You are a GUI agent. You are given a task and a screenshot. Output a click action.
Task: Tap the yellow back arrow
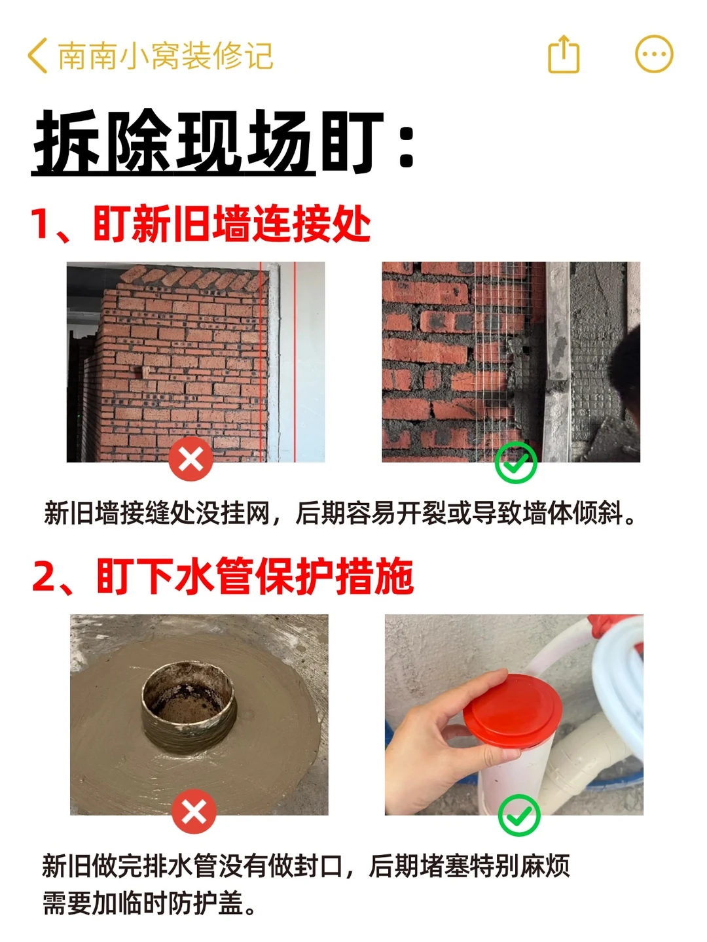tap(38, 56)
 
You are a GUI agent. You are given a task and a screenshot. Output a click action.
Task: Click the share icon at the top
tap(564, 54)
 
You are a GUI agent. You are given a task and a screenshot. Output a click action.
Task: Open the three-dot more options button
tap(654, 54)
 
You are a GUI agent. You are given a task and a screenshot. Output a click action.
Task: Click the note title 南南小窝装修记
tap(166, 56)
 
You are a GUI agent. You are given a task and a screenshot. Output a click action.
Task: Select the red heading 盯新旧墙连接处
tap(232, 224)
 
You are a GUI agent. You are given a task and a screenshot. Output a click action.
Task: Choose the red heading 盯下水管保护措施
tap(255, 576)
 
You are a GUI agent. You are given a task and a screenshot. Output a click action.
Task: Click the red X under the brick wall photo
tap(190, 459)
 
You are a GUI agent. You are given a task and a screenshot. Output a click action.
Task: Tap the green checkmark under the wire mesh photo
tap(516, 462)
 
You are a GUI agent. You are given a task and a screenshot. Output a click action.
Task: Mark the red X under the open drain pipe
tap(194, 812)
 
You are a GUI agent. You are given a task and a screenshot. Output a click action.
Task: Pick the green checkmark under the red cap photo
tap(519, 815)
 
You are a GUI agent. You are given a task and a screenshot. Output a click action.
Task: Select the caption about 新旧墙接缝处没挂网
tap(339, 513)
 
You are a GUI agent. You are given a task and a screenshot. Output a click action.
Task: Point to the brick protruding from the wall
tap(145, 372)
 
